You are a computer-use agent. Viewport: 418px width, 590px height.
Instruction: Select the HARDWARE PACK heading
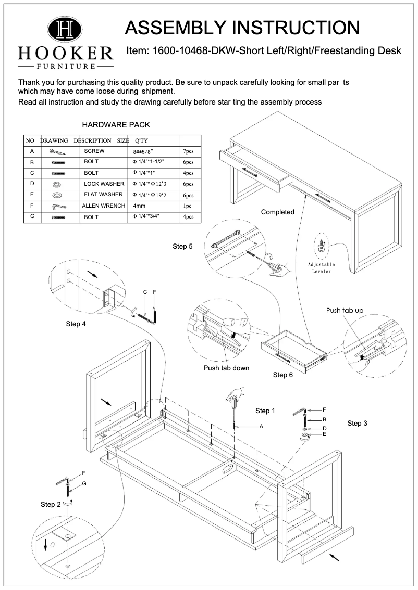(116, 125)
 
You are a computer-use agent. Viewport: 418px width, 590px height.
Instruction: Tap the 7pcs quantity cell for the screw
(187, 151)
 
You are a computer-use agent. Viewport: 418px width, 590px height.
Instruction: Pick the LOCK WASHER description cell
(104, 184)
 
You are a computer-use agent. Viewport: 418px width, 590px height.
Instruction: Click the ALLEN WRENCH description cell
(104, 206)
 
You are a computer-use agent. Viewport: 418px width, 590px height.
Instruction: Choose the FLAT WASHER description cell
(103, 195)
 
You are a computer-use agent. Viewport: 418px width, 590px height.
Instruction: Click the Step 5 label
(182, 246)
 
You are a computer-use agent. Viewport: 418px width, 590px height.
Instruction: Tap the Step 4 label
(76, 324)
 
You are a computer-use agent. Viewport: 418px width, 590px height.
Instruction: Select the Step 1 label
(265, 411)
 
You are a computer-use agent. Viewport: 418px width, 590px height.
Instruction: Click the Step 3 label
(357, 424)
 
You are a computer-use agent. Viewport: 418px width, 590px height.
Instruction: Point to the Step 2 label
(51, 504)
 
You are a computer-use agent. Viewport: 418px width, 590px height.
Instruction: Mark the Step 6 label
(283, 375)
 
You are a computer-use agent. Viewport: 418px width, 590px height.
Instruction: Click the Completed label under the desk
(277, 212)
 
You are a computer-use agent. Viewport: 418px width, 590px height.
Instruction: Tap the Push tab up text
(345, 311)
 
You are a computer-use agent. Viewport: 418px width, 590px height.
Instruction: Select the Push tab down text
(226, 368)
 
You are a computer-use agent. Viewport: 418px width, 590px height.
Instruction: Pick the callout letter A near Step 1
(262, 427)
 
